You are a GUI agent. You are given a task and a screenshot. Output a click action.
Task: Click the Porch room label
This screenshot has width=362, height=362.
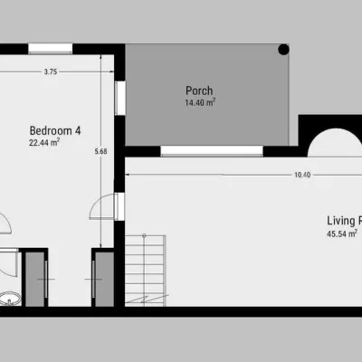(x=199, y=90)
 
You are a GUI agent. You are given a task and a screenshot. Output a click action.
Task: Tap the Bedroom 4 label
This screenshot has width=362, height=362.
(x=55, y=130)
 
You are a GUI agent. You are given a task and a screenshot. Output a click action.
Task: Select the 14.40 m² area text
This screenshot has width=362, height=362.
(x=200, y=102)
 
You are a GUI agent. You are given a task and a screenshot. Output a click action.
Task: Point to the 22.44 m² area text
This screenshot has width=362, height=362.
(x=44, y=142)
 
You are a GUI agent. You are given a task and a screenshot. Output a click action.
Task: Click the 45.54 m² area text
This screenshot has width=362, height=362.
(x=342, y=233)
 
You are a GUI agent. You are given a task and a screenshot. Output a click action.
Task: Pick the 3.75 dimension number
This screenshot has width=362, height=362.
(x=51, y=71)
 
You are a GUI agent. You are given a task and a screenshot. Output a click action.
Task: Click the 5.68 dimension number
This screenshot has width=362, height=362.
(x=100, y=151)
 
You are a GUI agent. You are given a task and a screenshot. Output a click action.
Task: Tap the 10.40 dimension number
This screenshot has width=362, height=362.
(x=302, y=175)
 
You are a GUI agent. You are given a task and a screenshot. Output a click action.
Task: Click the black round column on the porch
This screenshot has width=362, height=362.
(x=283, y=50)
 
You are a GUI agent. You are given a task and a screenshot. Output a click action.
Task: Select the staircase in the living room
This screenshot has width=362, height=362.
(x=146, y=271)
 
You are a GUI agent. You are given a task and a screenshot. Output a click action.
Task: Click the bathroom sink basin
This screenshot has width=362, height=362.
(x=10, y=299)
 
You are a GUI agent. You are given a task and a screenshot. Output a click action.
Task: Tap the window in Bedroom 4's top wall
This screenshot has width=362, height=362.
(x=51, y=49)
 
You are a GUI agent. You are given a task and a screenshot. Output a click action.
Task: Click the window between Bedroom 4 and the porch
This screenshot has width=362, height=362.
(x=120, y=98)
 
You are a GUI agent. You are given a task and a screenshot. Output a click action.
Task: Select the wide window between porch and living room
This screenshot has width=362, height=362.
(x=212, y=151)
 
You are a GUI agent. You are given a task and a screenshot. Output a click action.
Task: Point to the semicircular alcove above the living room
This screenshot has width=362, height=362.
(x=335, y=142)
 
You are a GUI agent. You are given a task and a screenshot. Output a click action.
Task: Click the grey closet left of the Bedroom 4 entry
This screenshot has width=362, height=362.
(x=35, y=279)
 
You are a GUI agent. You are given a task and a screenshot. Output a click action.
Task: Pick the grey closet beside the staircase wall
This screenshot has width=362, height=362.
(x=105, y=279)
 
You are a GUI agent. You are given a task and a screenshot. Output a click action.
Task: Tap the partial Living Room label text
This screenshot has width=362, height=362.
(x=345, y=221)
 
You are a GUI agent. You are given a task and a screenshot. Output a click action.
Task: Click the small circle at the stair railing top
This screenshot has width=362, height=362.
(x=144, y=235)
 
